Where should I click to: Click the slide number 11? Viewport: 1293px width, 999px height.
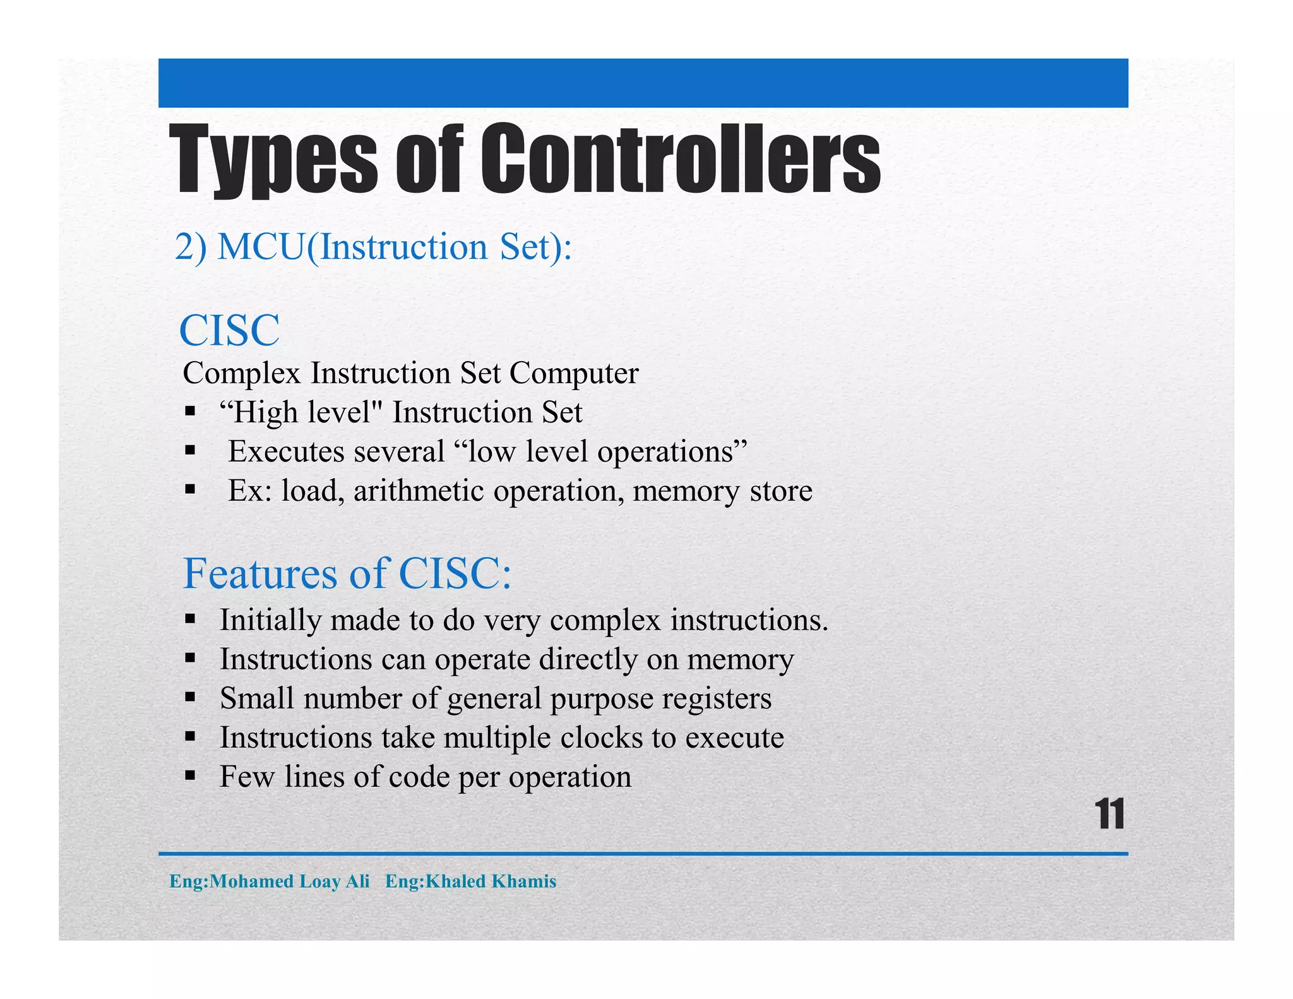tap(1109, 814)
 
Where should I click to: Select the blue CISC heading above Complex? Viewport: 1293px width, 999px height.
tap(229, 330)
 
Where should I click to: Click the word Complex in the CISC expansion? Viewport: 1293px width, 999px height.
tap(241, 373)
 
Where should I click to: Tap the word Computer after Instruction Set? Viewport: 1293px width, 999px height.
tap(574, 373)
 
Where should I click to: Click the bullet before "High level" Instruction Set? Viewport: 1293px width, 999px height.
tap(190, 412)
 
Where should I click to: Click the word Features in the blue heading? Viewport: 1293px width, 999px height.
tap(259, 573)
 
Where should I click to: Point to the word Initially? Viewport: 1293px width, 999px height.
tap(270, 620)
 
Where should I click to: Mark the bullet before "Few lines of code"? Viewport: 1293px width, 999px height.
tap(190, 776)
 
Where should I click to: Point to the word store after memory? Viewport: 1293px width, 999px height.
tap(780, 491)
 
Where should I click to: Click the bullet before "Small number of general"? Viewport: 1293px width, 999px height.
tap(190, 698)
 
